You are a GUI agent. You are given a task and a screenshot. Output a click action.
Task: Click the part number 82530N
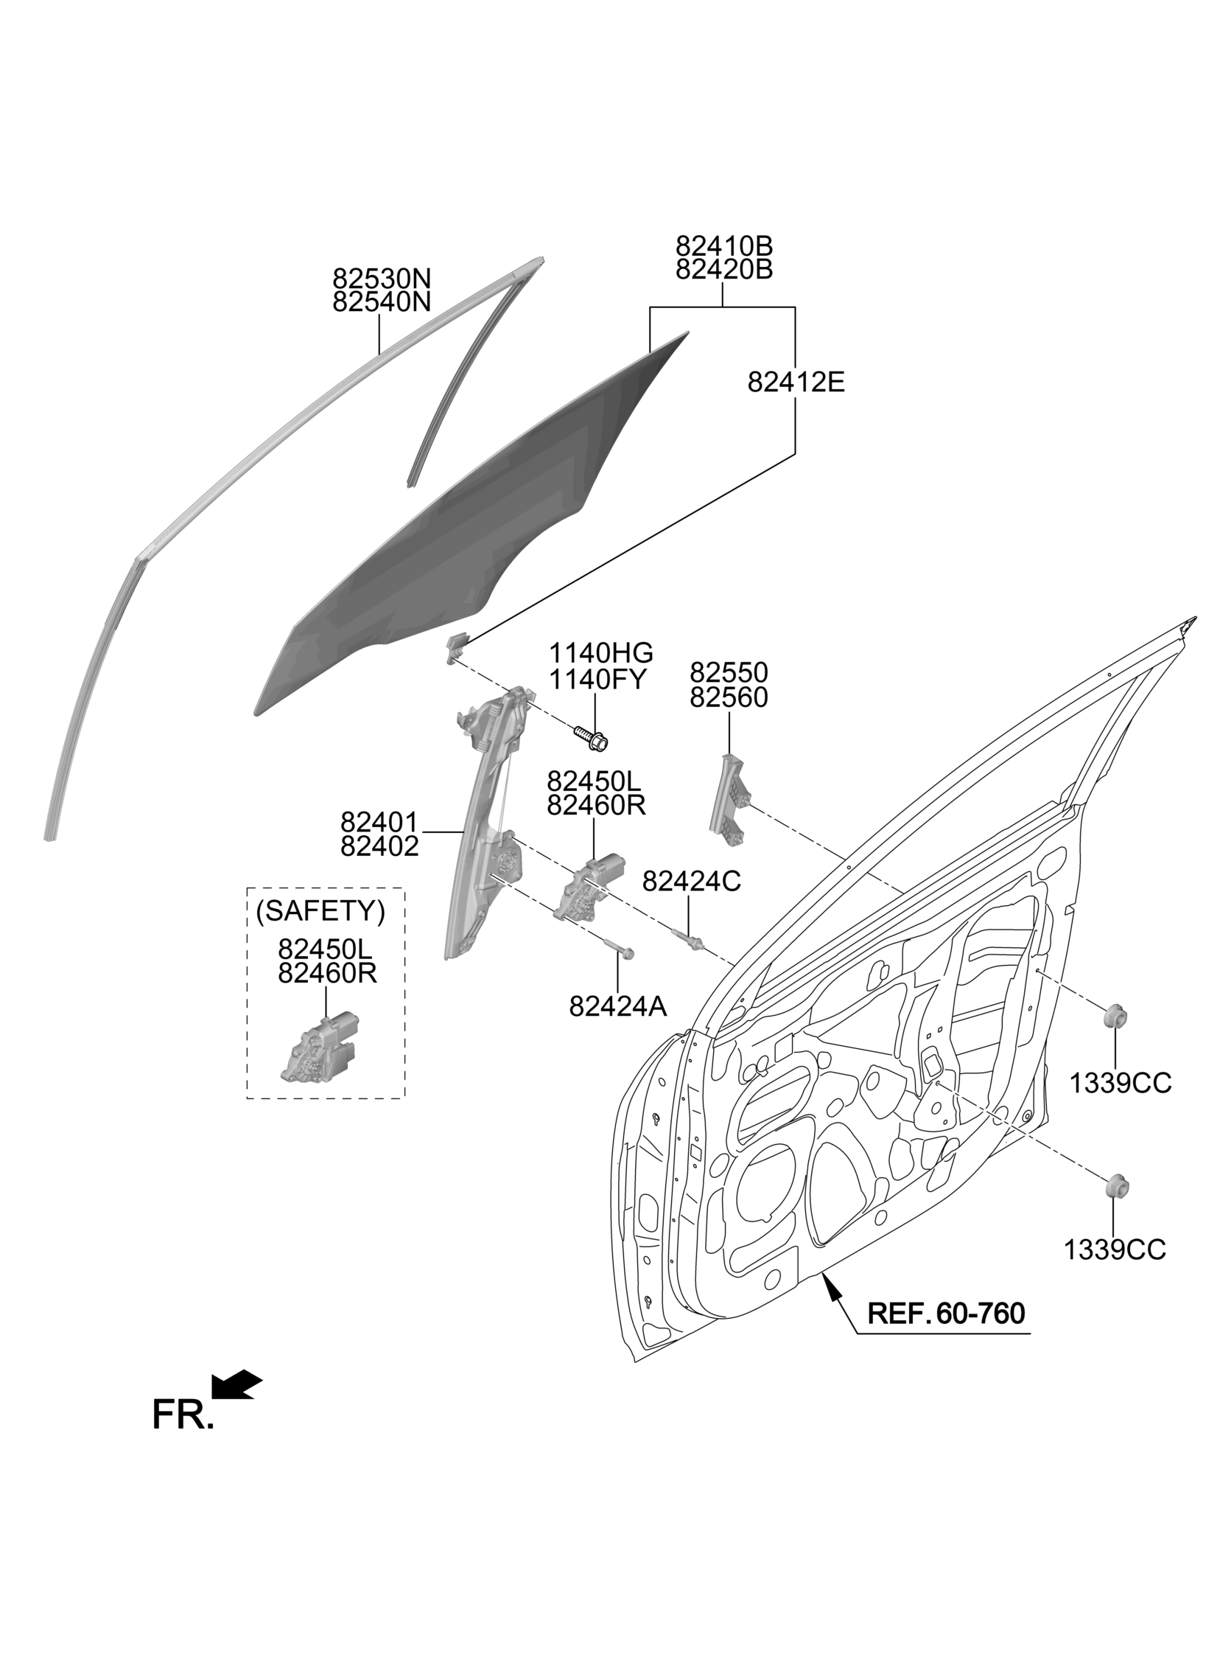(381, 279)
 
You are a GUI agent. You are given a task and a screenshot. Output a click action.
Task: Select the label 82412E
(796, 382)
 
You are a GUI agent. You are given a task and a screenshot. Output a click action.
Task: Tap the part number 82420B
(723, 269)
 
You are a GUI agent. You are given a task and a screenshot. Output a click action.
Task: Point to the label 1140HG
(600, 653)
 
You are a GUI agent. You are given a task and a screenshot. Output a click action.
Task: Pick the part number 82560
(729, 697)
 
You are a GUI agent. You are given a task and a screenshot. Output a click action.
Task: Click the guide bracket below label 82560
(729, 799)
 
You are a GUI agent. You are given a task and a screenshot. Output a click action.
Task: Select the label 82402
(379, 846)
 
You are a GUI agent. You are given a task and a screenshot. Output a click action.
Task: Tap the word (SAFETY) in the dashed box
(320, 911)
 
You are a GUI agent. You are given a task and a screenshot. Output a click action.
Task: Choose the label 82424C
(691, 881)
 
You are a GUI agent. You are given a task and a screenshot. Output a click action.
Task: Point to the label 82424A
(618, 1006)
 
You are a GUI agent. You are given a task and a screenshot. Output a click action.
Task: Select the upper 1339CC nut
(1115, 1017)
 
